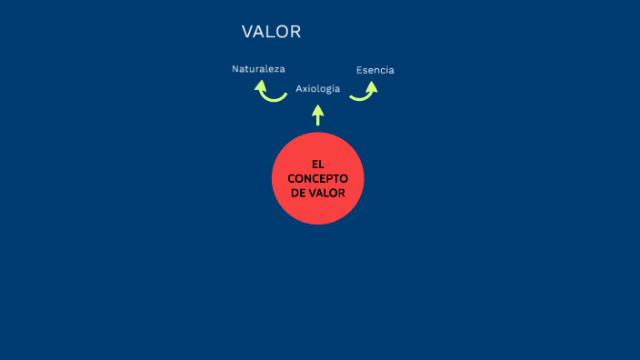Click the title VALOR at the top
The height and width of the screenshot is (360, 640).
click(271, 32)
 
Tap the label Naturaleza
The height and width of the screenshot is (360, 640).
click(258, 68)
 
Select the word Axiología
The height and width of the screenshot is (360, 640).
click(317, 88)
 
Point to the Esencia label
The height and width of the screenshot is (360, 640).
click(375, 70)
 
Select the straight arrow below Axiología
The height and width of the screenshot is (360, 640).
click(317, 115)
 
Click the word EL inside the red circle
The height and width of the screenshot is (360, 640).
click(317, 165)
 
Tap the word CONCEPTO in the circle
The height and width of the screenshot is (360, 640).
click(317, 178)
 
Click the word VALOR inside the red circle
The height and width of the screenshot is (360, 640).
click(327, 193)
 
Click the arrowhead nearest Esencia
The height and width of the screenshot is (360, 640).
click(372, 85)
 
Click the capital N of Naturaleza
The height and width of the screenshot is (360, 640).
click(235, 68)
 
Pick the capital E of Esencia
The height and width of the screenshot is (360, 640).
click(359, 70)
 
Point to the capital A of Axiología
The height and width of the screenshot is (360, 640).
click(299, 88)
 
